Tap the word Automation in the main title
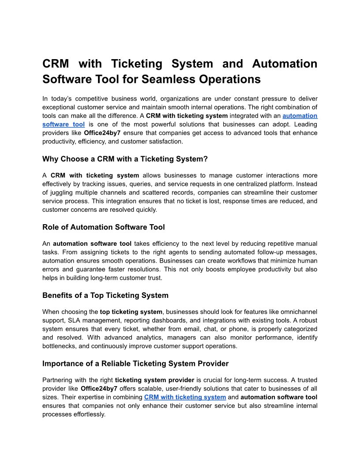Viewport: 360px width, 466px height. point(285,64)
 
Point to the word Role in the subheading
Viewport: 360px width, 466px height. point(51,227)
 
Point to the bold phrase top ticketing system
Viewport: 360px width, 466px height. point(131,312)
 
